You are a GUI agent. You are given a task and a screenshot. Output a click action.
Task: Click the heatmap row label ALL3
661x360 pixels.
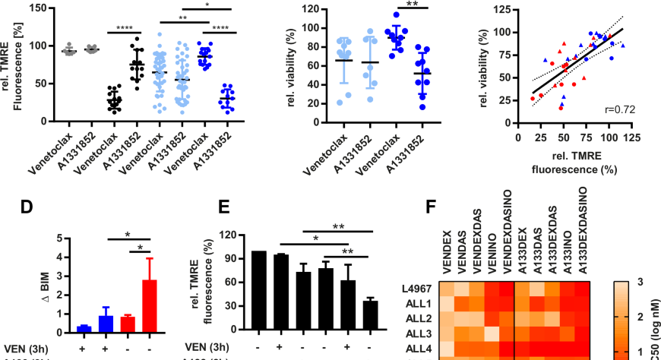420,333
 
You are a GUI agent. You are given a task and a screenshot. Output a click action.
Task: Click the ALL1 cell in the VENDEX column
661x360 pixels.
446,304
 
